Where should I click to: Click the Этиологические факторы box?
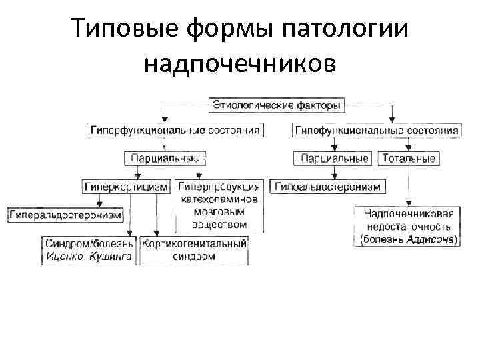(x=277, y=105)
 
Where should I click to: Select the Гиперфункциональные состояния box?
(x=174, y=130)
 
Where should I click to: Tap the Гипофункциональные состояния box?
(x=376, y=130)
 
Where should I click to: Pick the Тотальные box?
(x=408, y=159)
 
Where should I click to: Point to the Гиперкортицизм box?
(x=126, y=187)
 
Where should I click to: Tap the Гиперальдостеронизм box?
(x=65, y=215)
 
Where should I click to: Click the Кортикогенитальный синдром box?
(x=194, y=249)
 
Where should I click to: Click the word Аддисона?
(x=431, y=238)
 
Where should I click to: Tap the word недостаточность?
(x=409, y=226)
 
